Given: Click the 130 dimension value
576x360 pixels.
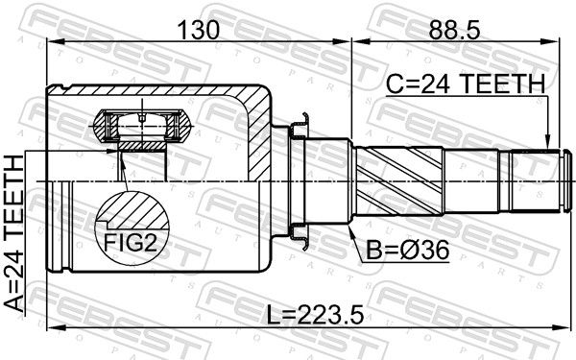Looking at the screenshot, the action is (x=199, y=30).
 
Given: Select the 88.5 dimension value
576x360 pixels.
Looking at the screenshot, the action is (x=454, y=30).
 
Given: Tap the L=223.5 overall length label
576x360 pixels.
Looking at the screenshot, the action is (x=315, y=315).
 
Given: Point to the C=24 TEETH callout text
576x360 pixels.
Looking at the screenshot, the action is (x=466, y=84).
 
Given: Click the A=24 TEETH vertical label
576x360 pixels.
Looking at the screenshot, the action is (x=14, y=234).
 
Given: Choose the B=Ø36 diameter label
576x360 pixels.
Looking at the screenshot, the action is (x=408, y=251).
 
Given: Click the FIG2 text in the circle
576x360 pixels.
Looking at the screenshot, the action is (x=131, y=243).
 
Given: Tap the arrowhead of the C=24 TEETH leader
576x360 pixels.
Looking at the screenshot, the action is (x=547, y=143).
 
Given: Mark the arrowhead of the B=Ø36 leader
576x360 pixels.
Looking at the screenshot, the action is (x=350, y=230).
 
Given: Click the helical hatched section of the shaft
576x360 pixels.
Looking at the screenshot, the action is (x=399, y=180).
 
